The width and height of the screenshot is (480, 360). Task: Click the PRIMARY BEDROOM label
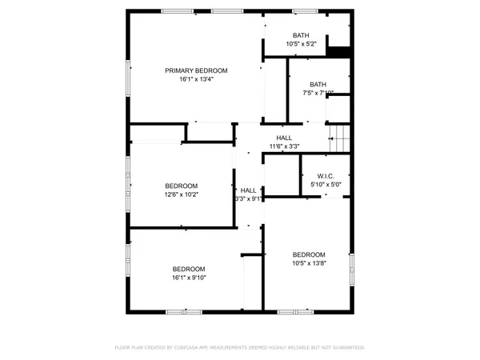[196, 70]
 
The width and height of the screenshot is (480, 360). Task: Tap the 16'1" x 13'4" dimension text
[196, 79]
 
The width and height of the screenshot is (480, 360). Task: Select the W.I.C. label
[325, 176]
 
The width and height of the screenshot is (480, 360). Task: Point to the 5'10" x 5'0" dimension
[325, 185]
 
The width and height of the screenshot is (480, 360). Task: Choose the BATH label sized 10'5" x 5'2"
[301, 35]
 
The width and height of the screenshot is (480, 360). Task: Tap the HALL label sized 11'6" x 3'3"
[284, 138]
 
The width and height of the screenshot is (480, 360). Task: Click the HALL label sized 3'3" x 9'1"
[248, 190]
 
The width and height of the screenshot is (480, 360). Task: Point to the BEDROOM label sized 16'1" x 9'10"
[189, 269]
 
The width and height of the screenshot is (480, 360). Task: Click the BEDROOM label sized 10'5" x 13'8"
[309, 254]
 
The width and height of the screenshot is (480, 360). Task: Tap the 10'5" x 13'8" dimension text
[309, 262]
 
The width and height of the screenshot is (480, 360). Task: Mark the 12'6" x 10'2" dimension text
[181, 194]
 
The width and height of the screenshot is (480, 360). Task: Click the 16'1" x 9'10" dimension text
[189, 278]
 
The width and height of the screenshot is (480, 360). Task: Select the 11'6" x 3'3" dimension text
[284, 146]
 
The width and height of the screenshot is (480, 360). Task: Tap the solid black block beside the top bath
[340, 50]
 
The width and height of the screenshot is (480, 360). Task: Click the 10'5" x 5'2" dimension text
[301, 44]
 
